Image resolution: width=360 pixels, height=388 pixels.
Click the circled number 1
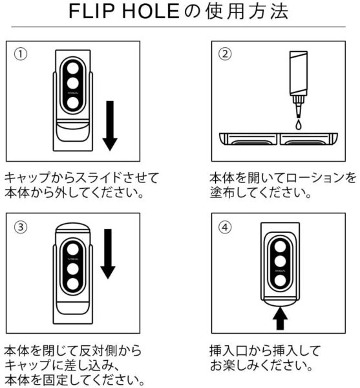tap(21, 54)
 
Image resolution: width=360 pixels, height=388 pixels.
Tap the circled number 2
tap(225, 54)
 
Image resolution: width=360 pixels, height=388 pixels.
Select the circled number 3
tap(21, 227)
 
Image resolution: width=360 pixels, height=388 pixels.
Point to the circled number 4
tap(225, 227)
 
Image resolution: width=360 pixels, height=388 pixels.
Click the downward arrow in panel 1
tap(110, 125)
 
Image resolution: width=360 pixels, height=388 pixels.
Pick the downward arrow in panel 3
tap(108, 254)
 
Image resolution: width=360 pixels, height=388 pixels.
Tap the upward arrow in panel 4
tap(280, 318)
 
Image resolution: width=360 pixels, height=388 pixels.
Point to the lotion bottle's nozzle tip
tap(299, 116)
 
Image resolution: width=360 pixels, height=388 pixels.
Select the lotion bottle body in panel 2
tap(299, 74)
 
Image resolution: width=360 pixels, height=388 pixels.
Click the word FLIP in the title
tap(92, 11)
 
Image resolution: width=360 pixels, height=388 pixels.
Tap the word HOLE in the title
tap(151, 11)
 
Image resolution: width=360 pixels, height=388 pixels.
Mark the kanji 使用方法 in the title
tap(248, 12)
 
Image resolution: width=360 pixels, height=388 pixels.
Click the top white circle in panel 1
tap(73, 69)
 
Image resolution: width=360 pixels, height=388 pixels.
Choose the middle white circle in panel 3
tap(73, 269)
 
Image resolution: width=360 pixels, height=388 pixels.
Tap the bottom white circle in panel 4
tap(280, 281)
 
